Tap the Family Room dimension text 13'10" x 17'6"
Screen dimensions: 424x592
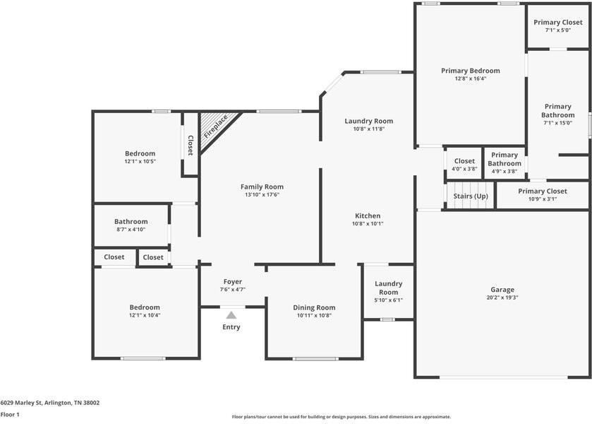point(262,194)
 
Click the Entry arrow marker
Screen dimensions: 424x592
point(231,315)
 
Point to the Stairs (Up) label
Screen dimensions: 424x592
point(471,196)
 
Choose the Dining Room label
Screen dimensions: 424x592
point(314,307)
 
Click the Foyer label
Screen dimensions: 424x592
point(233,281)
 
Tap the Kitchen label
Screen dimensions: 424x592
point(367,216)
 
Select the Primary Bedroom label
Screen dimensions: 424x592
point(470,71)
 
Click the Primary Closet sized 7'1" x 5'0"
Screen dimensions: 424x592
point(557,23)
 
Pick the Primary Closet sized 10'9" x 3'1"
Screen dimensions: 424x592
point(542,192)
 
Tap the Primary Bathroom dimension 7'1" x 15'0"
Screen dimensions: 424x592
point(557,123)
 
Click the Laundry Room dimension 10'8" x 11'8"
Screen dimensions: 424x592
point(368,129)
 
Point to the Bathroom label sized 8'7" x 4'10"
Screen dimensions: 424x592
point(131,221)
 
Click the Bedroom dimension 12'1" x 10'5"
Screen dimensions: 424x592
point(140,161)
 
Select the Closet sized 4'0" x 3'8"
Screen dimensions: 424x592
point(464,161)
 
